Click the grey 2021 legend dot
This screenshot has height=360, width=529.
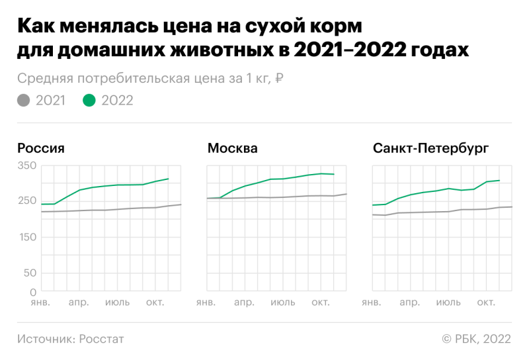point(24,101)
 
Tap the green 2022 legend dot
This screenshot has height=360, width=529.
point(89,101)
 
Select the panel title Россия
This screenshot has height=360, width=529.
point(41,148)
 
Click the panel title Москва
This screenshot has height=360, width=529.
point(232,148)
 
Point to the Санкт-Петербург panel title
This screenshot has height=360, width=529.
point(430,148)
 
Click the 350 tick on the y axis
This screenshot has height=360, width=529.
point(27,165)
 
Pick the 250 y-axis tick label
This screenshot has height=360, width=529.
point(27,201)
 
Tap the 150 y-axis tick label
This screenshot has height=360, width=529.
point(27,237)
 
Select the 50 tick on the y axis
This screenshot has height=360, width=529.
point(30,273)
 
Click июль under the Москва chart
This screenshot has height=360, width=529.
point(283,303)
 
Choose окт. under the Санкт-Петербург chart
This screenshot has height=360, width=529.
point(486,303)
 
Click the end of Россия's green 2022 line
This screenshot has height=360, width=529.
point(169,179)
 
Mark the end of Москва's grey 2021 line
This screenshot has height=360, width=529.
point(346,194)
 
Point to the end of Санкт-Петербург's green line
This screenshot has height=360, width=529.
point(499,180)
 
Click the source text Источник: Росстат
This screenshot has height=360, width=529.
point(71,339)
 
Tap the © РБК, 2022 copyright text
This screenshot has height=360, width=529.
point(476,339)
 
